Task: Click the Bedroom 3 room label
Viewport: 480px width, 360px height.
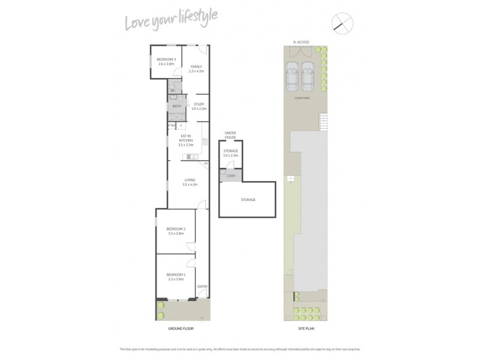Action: click(166, 59)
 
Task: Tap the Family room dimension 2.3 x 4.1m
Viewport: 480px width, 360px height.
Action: click(196, 71)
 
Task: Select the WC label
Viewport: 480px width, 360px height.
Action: click(173, 91)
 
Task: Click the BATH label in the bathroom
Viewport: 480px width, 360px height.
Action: click(176, 106)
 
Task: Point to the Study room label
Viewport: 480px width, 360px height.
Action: click(199, 104)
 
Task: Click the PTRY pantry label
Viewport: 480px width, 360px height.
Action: click(171, 125)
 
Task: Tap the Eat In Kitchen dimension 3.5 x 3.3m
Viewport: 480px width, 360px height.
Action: click(185, 145)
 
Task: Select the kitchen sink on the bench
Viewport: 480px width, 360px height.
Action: click(194, 157)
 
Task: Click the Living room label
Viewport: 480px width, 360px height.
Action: click(190, 179)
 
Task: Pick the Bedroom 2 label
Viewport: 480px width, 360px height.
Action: click(176, 229)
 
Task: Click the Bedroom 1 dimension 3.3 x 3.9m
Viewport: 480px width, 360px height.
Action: click(176, 279)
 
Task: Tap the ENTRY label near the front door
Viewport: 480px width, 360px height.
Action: click(202, 287)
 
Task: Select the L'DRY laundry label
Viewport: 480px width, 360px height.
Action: click(231, 175)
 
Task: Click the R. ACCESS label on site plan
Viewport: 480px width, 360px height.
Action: click(301, 42)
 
